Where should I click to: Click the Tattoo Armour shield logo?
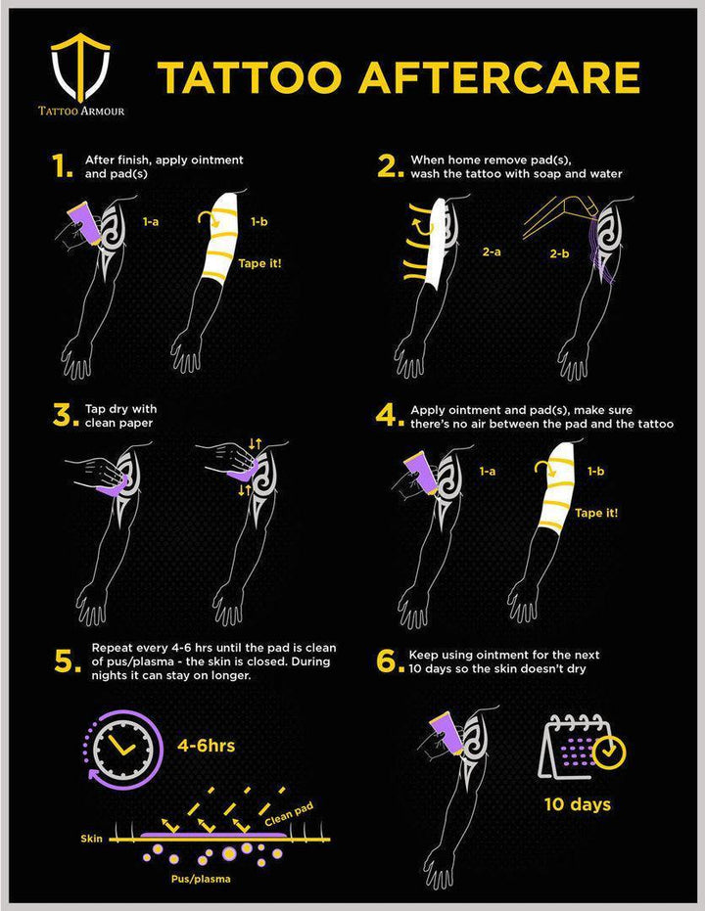(x=80, y=68)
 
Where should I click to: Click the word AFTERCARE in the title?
(x=499, y=77)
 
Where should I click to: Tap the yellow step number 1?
(x=62, y=166)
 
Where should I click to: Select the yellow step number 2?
(x=390, y=166)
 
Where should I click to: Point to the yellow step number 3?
(x=65, y=416)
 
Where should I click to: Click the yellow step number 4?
(x=390, y=416)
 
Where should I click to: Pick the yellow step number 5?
(x=68, y=661)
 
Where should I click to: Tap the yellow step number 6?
(x=390, y=660)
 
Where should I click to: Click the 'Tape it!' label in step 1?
(x=259, y=263)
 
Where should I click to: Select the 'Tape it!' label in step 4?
(x=596, y=513)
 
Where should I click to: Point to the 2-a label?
(x=492, y=252)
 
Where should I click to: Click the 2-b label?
(x=560, y=253)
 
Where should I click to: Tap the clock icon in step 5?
(x=123, y=750)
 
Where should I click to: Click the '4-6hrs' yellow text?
(x=206, y=746)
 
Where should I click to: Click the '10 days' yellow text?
(x=577, y=804)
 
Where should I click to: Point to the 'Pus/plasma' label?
(x=201, y=879)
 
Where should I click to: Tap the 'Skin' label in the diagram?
(x=91, y=839)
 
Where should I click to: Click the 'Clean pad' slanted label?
(x=289, y=814)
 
